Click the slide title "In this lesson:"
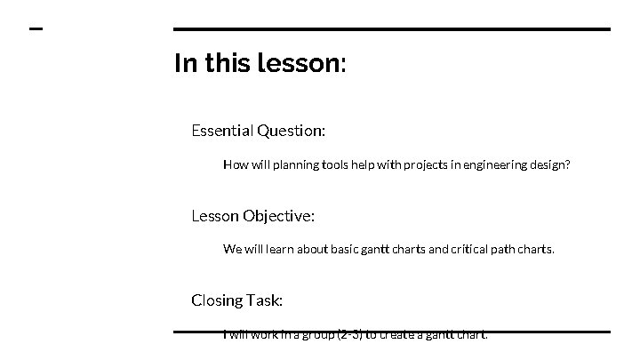click(x=260, y=64)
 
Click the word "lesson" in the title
click(x=297, y=64)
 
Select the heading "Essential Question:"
click(x=258, y=131)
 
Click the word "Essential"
click(x=222, y=131)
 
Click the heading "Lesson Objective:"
click(x=252, y=215)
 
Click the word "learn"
click(x=276, y=249)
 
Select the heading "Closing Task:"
click(x=236, y=300)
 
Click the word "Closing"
click(x=217, y=300)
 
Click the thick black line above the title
click(x=391, y=29)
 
